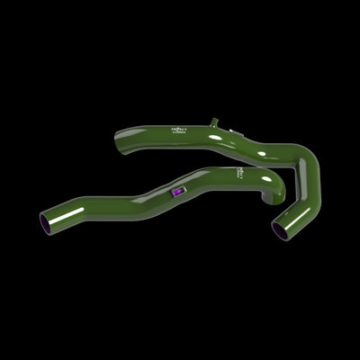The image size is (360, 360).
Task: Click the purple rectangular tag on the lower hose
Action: [x=177, y=192]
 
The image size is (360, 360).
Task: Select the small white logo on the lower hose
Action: [x=241, y=171]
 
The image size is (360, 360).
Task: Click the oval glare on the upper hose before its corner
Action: [x=262, y=154]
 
